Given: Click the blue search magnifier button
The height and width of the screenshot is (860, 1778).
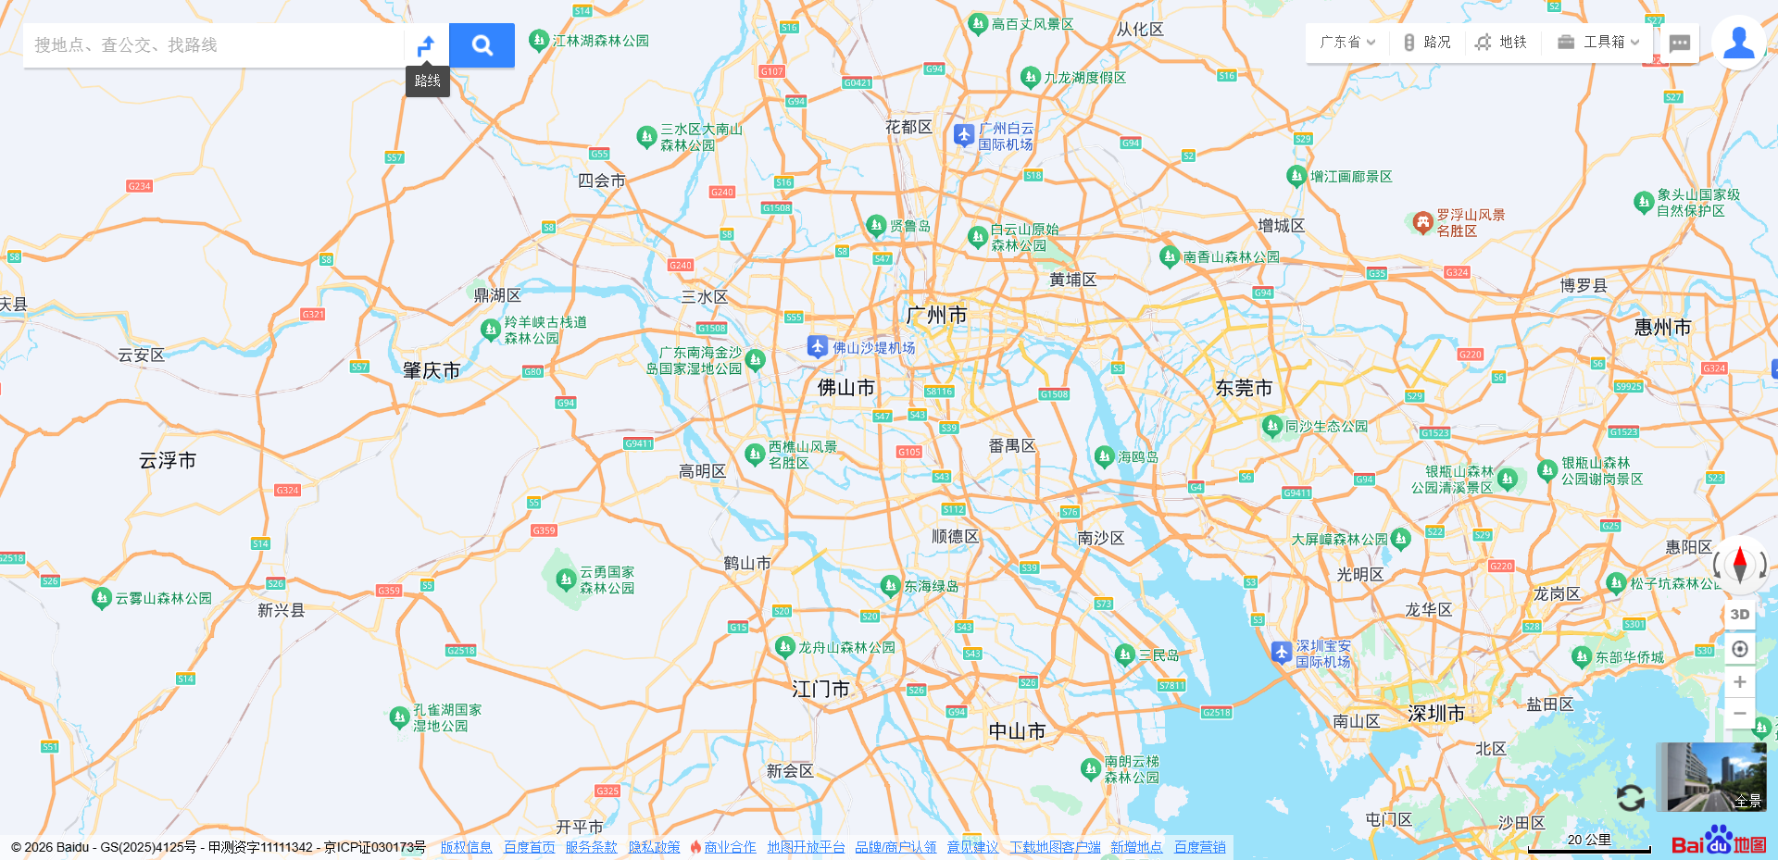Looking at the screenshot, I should point(482,45).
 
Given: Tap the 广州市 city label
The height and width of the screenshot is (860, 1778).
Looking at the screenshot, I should point(936,316).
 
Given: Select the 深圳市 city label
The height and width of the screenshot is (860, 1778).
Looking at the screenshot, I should point(1435,714).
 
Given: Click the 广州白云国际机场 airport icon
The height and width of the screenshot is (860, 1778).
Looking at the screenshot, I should point(964,135).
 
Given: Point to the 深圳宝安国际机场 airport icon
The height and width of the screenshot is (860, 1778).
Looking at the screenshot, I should point(1281,653).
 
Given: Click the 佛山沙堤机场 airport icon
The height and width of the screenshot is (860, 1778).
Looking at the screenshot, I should point(817,346).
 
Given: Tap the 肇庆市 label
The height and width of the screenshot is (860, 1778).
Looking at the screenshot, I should point(432,371).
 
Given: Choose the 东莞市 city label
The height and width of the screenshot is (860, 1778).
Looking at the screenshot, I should point(1244,389).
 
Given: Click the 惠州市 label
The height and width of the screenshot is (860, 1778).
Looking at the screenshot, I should point(1662,328).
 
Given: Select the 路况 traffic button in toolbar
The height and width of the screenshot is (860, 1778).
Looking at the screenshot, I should point(1427,43).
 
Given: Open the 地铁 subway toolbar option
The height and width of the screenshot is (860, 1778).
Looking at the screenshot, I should point(1501,43).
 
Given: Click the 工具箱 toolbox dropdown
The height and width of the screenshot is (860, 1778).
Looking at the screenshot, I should point(1598,43).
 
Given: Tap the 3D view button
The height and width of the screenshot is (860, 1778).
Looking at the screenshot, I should point(1739,615).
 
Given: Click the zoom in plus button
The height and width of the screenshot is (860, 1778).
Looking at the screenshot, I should point(1739,682).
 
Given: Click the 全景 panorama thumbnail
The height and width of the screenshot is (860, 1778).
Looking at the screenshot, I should point(1710,777).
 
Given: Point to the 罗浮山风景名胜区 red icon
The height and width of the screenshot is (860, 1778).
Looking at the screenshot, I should point(1422,222).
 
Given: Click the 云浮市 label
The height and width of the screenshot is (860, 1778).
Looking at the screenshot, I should point(168,461).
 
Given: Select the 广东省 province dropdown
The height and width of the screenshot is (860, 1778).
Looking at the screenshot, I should point(1346,43).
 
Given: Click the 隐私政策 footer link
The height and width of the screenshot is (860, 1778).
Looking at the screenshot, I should point(654,847).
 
